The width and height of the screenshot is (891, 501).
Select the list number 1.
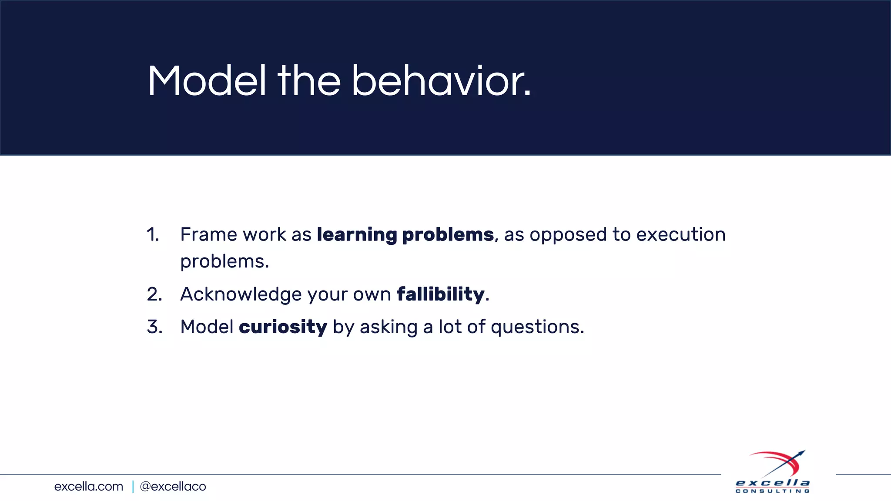pos(153,235)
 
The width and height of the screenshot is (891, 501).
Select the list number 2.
pos(154,294)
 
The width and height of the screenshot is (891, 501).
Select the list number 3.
pos(154,327)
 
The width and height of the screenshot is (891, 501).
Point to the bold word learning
pos(357,235)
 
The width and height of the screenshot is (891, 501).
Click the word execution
pos(681,235)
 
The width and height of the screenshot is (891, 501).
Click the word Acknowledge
pos(241,294)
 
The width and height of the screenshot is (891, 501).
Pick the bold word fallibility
pos(440,294)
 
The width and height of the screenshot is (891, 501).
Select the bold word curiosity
pos(283,327)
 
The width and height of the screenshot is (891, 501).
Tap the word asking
pos(389,327)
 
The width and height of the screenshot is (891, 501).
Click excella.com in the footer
pos(89,486)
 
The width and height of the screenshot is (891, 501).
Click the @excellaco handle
pos(173,486)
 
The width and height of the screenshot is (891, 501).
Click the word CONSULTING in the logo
pos(772,491)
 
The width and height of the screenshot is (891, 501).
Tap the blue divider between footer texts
pos(133,486)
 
